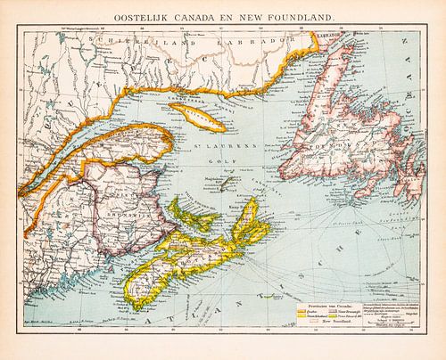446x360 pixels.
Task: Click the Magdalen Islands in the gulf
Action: pyautogui.click(x=231, y=182)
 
